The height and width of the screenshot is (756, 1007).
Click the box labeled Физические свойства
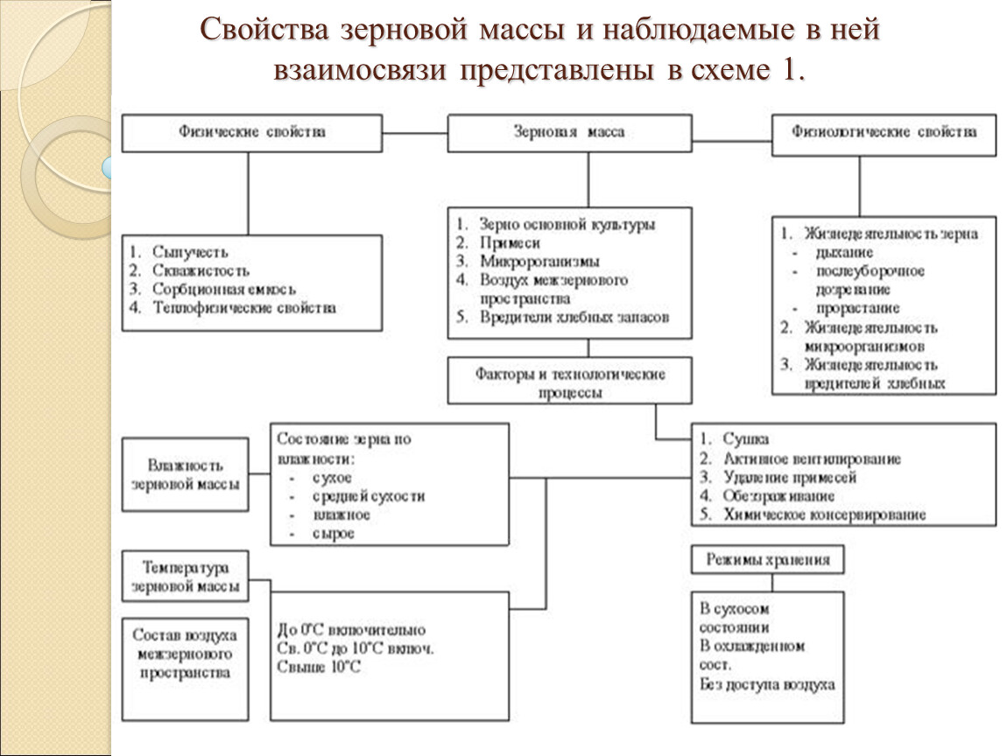pos(251,133)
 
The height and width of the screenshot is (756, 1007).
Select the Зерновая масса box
pos(568,133)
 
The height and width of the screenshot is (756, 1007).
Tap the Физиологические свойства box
pos(884,133)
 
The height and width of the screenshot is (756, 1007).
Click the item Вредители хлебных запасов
pos(574,318)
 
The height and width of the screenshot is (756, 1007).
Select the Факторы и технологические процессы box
pos(570,383)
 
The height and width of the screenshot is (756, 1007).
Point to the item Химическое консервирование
pos(824,515)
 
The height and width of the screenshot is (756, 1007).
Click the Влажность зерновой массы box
pos(185,473)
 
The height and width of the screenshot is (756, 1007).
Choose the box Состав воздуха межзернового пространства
pos(184,654)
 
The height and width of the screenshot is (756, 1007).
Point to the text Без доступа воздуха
pos(767,684)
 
